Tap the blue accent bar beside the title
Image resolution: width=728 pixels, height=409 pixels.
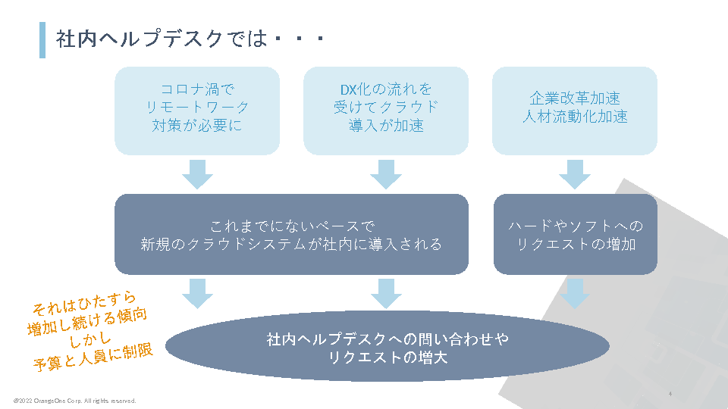[x=42, y=39]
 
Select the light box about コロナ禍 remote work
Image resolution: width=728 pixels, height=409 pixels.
[x=197, y=111]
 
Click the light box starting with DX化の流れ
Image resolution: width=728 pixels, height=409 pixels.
[x=386, y=111]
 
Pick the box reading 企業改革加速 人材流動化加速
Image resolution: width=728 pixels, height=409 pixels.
[x=575, y=111]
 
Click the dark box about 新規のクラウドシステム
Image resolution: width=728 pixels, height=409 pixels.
[x=291, y=234]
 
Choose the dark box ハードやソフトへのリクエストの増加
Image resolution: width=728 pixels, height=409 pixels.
[x=575, y=234]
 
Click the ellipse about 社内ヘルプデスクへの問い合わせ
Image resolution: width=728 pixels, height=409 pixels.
[x=387, y=348]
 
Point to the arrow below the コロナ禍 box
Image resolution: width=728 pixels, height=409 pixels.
[x=197, y=174]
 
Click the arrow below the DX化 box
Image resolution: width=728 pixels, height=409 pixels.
[x=386, y=174]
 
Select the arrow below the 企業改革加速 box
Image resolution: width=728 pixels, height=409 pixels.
[x=575, y=174]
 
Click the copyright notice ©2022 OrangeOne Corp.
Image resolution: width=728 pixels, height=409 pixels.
[x=74, y=400]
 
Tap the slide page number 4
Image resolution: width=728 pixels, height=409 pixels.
[x=670, y=395]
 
